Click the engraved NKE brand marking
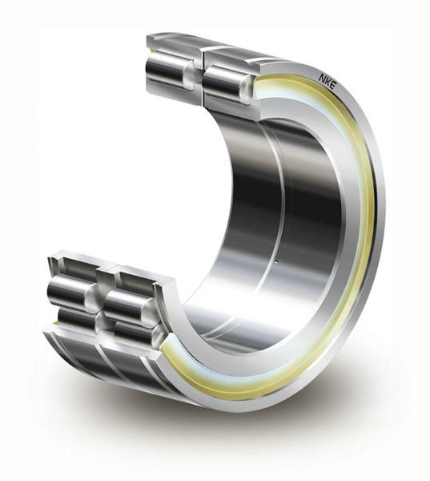(327, 81)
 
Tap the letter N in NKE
(322, 78)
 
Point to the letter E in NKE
(332, 85)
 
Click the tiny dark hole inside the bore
(276, 261)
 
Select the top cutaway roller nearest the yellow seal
(228, 83)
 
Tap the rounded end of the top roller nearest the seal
(247, 87)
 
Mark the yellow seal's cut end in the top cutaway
(258, 87)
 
